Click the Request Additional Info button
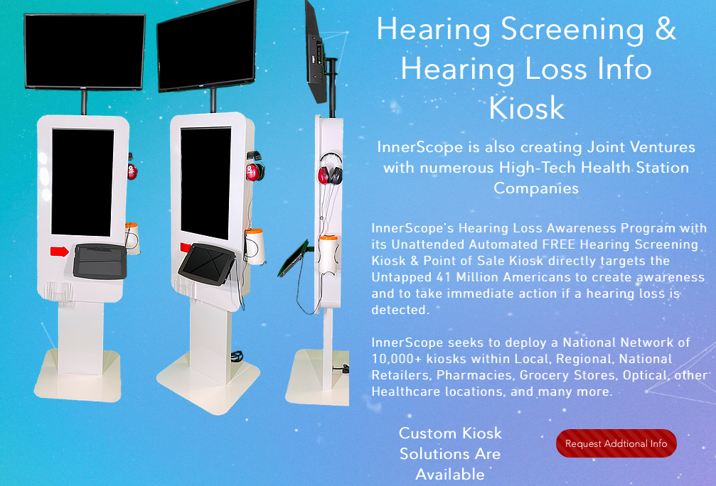point(616,443)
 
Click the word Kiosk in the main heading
point(526,108)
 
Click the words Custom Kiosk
point(450,433)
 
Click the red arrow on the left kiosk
point(59,250)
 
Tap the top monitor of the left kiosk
point(84,51)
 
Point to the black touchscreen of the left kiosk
point(82,183)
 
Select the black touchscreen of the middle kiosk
point(205,184)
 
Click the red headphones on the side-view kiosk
point(330,171)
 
